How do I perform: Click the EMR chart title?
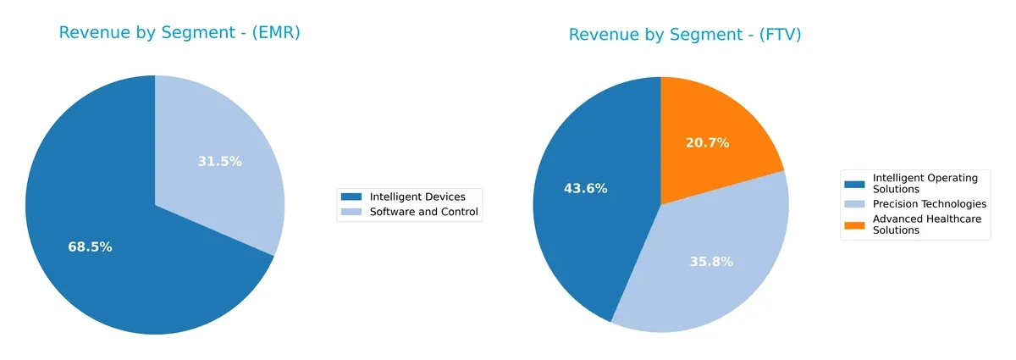(x=179, y=33)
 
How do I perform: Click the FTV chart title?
(x=685, y=35)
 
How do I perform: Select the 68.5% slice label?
(x=90, y=247)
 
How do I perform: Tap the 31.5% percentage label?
(x=219, y=161)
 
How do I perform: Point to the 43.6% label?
(x=586, y=188)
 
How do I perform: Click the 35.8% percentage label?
(x=711, y=262)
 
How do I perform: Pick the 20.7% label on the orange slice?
(x=707, y=143)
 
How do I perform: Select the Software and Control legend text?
(x=424, y=212)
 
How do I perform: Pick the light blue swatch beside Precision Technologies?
(x=855, y=204)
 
